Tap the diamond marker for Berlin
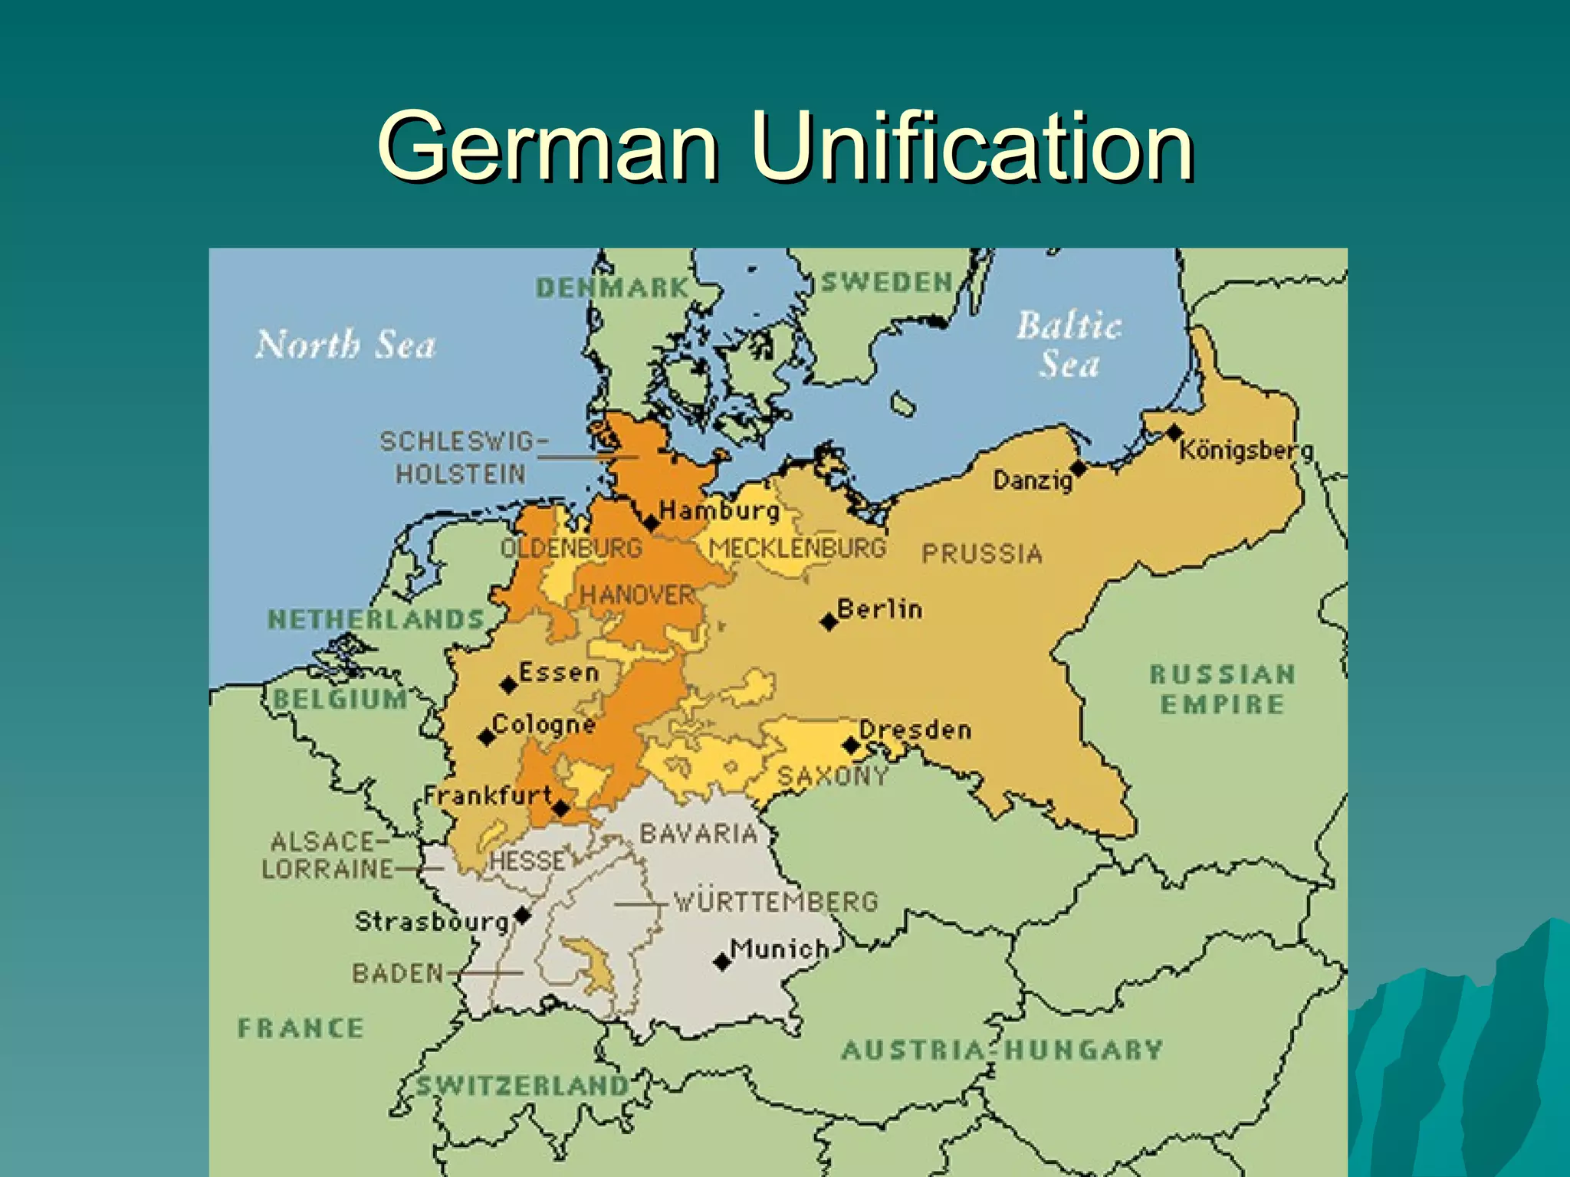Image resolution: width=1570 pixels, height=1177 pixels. tap(829, 621)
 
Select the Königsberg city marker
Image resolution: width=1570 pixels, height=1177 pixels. tap(1174, 433)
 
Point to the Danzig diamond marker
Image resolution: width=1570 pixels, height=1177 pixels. tap(1079, 467)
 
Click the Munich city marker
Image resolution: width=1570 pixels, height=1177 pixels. tap(721, 961)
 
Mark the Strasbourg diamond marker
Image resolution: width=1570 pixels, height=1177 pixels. tap(522, 915)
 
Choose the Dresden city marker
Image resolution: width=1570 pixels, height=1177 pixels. tap(851, 745)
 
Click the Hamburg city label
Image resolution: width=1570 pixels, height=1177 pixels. tap(719, 510)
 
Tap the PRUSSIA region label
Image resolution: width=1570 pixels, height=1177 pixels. tap(981, 553)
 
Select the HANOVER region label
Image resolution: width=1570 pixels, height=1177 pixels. tap(636, 595)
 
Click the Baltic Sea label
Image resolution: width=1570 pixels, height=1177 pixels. tap(1069, 344)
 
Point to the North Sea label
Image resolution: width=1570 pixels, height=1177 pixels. tap(346, 345)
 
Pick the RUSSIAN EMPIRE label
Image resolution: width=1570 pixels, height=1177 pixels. tap(1222, 689)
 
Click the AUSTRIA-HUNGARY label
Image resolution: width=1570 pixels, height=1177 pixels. tap(1001, 1050)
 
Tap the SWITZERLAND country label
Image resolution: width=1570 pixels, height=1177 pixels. tap(522, 1085)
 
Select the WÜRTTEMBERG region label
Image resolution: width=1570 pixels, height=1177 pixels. tap(775, 901)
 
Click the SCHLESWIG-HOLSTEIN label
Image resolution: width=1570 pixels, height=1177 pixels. tap(463, 457)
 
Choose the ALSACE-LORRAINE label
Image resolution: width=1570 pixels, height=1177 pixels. tap(327, 855)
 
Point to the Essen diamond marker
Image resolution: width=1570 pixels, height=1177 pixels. tap(509, 684)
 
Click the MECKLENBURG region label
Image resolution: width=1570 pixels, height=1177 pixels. tap(797, 548)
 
